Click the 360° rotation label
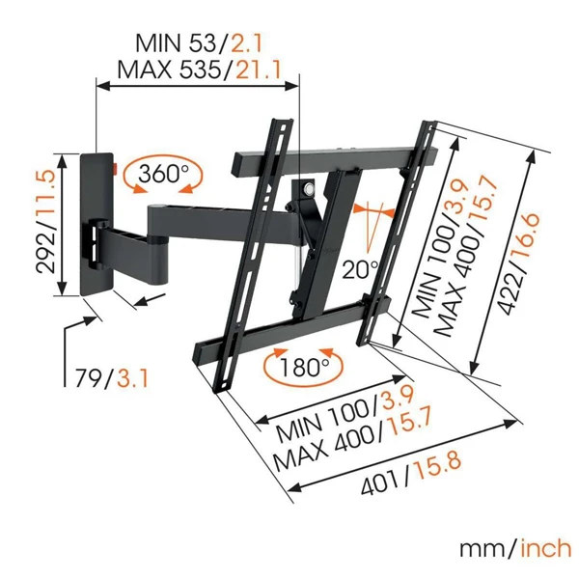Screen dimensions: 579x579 (164, 175)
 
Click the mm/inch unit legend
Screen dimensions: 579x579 (514, 549)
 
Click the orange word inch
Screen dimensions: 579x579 (544, 549)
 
